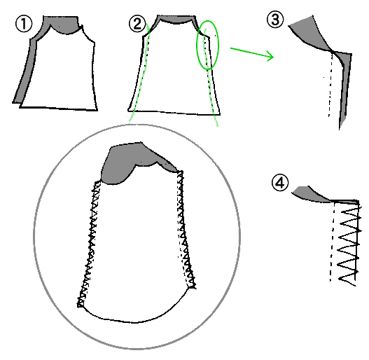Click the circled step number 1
pos(24,24)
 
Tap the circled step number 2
pos(137,24)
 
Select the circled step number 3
pos(275,20)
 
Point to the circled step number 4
pos(280,183)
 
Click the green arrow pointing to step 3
pos(252,53)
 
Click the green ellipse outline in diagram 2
pos(197,45)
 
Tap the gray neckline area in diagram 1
pos(63,25)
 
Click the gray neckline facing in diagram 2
pos(176,19)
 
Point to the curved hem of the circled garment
pos(134,321)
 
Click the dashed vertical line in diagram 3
pos(330,85)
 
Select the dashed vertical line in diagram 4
pos(333,242)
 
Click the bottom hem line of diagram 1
pos(58,109)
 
